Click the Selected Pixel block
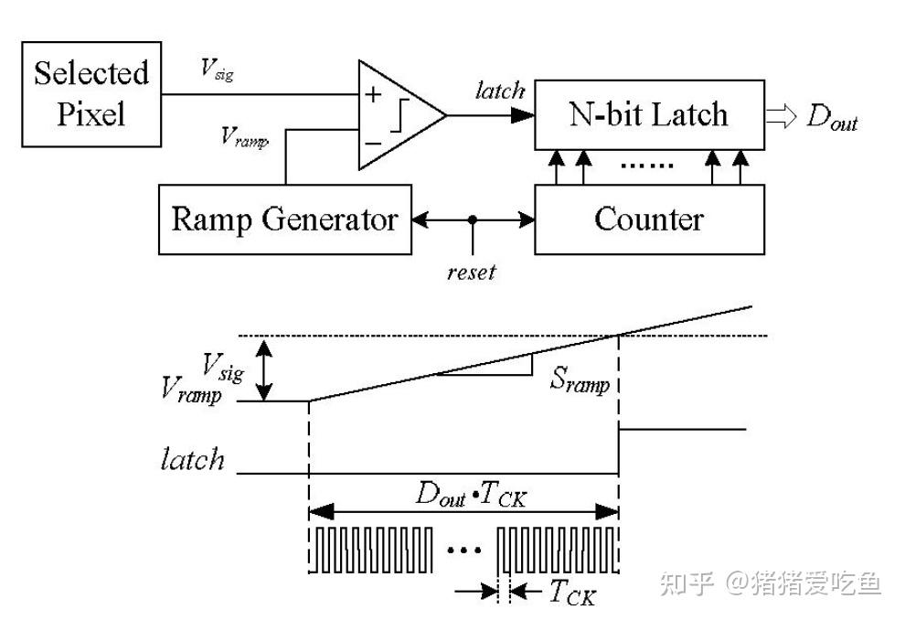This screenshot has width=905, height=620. (x=90, y=93)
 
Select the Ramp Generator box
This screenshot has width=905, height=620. (x=284, y=219)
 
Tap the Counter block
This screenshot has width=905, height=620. (x=649, y=219)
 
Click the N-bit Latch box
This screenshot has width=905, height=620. (x=649, y=114)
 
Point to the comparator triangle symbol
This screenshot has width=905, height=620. (x=398, y=115)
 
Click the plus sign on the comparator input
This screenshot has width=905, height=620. (x=373, y=94)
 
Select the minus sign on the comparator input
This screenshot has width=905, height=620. (x=373, y=142)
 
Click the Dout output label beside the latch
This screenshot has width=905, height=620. (x=832, y=118)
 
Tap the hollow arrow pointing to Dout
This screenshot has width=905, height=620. (x=783, y=116)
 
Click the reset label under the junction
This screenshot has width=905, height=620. (x=472, y=272)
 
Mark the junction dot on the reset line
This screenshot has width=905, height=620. (x=472, y=219)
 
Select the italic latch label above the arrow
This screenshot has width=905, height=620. (x=500, y=90)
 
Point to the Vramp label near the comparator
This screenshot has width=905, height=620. (x=244, y=137)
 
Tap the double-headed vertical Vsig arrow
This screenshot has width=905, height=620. (x=265, y=369)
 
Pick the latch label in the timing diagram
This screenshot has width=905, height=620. (x=192, y=458)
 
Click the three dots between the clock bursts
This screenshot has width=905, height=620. (x=464, y=550)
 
